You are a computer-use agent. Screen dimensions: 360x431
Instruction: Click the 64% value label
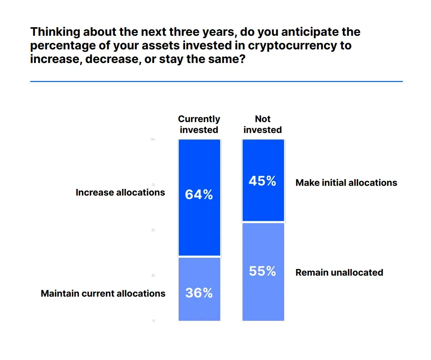coord(199,194)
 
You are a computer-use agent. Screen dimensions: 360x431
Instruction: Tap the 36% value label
coord(199,293)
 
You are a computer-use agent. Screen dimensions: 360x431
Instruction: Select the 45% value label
coord(263,181)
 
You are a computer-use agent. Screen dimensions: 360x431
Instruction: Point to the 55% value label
coord(263,271)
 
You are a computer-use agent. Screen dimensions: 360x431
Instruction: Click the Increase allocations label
coord(120,192)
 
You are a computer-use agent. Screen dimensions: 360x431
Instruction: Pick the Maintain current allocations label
coord(103,294)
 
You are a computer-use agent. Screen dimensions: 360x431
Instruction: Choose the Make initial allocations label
coord(346,183)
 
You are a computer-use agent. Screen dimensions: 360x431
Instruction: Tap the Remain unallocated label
coord(339,273)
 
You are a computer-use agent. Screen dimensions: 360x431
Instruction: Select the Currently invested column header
coord(199,124)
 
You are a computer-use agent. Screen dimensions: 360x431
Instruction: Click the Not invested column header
coord(263,124)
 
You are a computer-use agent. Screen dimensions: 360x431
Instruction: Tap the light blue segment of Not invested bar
coord(263,299)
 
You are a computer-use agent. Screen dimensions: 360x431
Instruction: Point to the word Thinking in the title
coord(55,31)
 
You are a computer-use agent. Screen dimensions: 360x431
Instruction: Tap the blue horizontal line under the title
coord(216,81)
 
